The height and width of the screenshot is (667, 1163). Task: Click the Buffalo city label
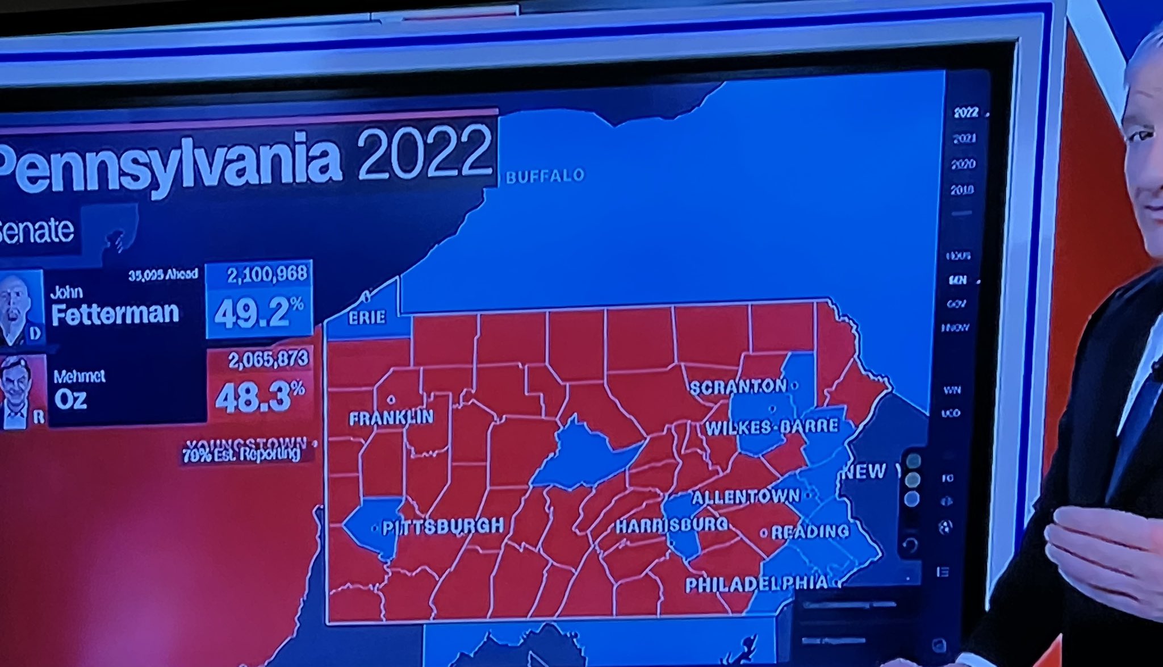pos(545,176)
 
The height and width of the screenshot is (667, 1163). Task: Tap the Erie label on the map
pos(367,318)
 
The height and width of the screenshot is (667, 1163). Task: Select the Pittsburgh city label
pos(443,527)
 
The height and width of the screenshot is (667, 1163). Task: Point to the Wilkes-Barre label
pos(772,427)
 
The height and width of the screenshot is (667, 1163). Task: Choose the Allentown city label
pos(746,497)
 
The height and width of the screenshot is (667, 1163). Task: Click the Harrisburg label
pos(672,525)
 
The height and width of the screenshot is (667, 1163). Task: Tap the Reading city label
pos(810,532)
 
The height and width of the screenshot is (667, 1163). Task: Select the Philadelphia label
pos(756,583)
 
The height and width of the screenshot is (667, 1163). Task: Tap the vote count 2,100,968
pos(267,275)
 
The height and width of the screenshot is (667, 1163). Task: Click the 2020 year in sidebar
pos(964,164)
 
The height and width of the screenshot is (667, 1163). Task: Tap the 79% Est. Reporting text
pos(241,455)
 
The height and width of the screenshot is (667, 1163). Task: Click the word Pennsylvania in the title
pos(170,162)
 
